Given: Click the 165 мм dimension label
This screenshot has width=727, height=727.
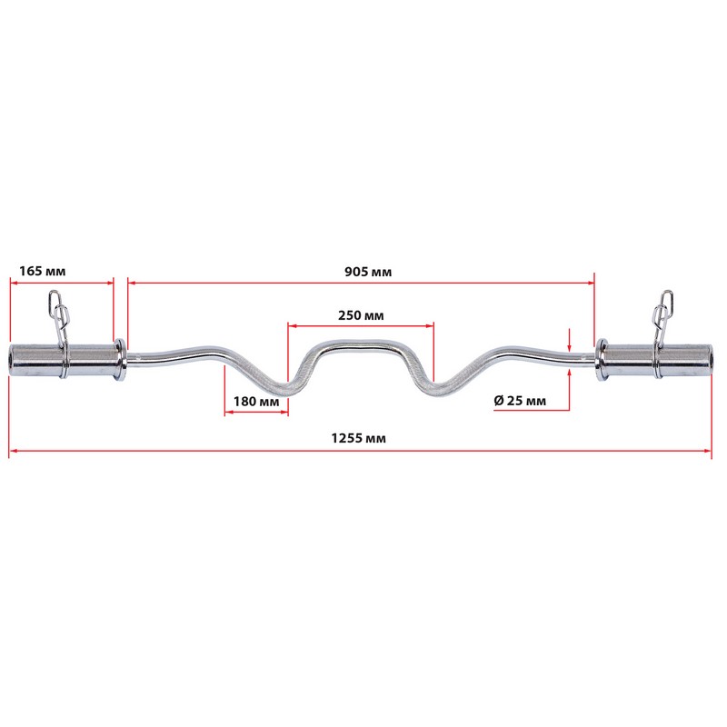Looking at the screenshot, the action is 42,271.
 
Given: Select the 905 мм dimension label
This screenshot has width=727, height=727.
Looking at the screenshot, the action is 368,272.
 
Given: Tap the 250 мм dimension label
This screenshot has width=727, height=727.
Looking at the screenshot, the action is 361,315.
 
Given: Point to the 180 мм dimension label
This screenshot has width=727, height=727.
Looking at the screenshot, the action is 256,401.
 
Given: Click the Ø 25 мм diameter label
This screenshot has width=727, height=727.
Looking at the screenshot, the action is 520,400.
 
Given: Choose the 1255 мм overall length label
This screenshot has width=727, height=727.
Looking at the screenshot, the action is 358,438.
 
